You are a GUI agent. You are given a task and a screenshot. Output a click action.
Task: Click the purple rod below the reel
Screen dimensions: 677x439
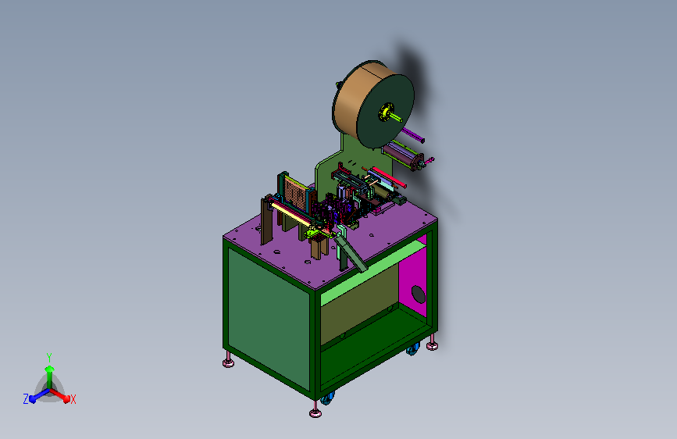pos(413,134)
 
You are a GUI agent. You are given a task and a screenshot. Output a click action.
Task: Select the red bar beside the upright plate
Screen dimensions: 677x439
pos(389,177)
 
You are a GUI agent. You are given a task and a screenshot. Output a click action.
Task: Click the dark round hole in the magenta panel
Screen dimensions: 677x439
pos(418,294)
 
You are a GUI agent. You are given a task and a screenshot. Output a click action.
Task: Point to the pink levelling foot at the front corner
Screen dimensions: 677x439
pos(315,411)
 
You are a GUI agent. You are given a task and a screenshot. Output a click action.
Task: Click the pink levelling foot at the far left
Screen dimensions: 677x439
pos(229,361)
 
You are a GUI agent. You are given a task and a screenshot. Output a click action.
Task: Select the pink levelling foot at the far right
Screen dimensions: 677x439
pos(432,344)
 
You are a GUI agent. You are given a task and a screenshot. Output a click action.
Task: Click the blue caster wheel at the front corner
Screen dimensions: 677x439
pos(327,398)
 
